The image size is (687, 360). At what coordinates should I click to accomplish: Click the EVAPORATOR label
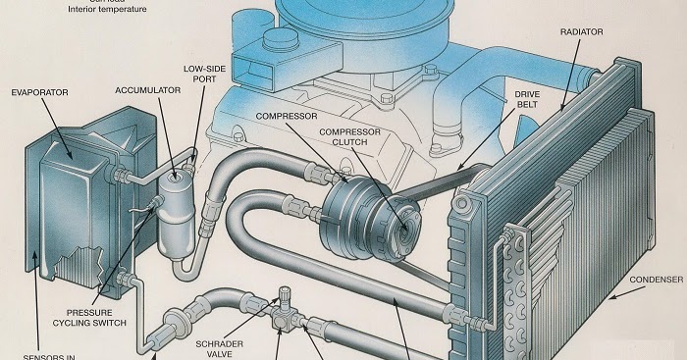(x=38, y=93)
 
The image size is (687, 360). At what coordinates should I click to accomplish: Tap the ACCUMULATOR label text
(x=147, y=89)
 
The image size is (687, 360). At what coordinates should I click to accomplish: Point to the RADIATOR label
(x=581, y=31)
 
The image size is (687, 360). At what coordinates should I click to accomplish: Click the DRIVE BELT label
(x=528, y=99)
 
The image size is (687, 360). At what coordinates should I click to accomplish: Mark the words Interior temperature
(x=107, y=9)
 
